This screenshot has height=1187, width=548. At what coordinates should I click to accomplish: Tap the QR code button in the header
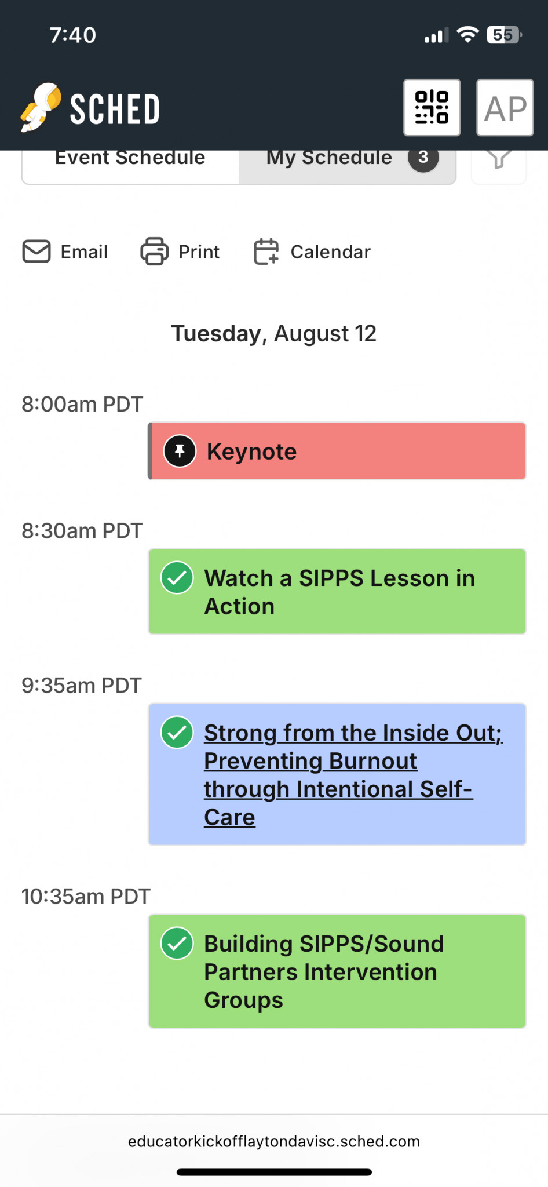point(432,108)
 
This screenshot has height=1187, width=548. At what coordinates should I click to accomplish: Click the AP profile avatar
point(505,108)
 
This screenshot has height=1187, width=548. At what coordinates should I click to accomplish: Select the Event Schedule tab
point(130,158)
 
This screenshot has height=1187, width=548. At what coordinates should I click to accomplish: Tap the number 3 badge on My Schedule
point(423,157)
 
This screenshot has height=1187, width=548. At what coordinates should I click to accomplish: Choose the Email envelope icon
point(36,252)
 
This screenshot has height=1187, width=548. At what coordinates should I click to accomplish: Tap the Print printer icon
point(155,252)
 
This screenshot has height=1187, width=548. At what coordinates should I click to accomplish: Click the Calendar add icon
point(266,252)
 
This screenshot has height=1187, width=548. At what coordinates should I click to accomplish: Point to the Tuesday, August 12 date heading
point(274,334)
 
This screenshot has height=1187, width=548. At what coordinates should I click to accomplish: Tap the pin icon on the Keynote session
point(180,451)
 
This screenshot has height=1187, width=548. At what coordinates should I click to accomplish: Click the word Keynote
point(252,452)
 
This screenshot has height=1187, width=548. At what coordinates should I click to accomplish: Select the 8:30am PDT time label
point(82,531)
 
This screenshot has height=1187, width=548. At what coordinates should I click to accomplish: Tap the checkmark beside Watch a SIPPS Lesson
point(177,578)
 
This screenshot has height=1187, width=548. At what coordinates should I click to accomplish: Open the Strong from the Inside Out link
point(353,775)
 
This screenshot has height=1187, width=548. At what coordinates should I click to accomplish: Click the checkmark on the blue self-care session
point(177,733)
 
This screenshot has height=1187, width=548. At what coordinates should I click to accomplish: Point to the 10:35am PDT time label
point(86,897)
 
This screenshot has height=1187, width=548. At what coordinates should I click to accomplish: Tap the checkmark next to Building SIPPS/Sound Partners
point(177,944)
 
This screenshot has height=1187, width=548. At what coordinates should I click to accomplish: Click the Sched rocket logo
point(41,107)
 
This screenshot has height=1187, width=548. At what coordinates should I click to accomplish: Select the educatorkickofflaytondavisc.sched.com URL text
point(274,1141)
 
